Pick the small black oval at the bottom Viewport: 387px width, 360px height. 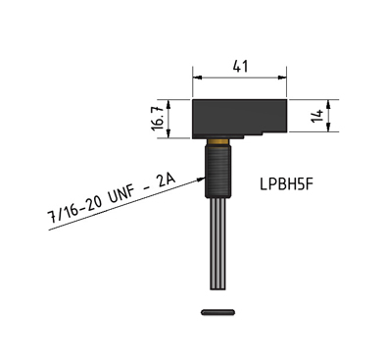[217, 313]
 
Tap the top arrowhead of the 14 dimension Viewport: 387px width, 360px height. [330, 103]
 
